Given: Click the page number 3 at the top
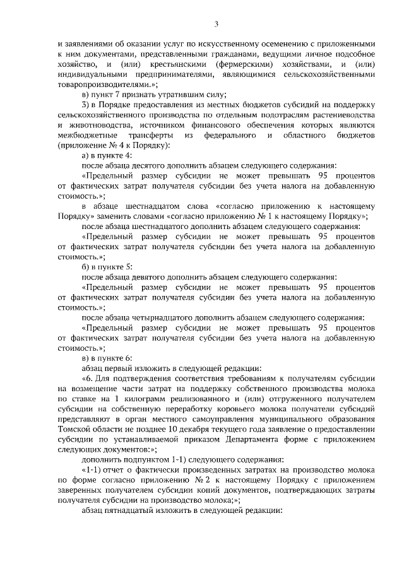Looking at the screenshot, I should point(217,25).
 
